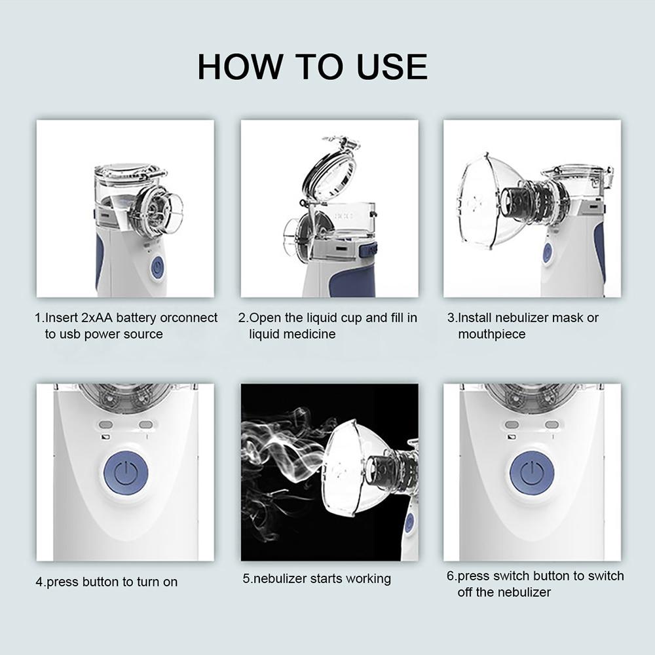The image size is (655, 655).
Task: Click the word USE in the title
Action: coord(392,67)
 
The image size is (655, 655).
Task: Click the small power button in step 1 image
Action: coord(157,267)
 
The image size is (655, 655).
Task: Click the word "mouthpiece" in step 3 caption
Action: coord(491,334)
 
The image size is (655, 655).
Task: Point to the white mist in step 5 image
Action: coord(282,445)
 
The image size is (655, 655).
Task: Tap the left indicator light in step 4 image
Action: coord(106,424)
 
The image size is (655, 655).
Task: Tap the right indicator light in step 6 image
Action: coord(552,424)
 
